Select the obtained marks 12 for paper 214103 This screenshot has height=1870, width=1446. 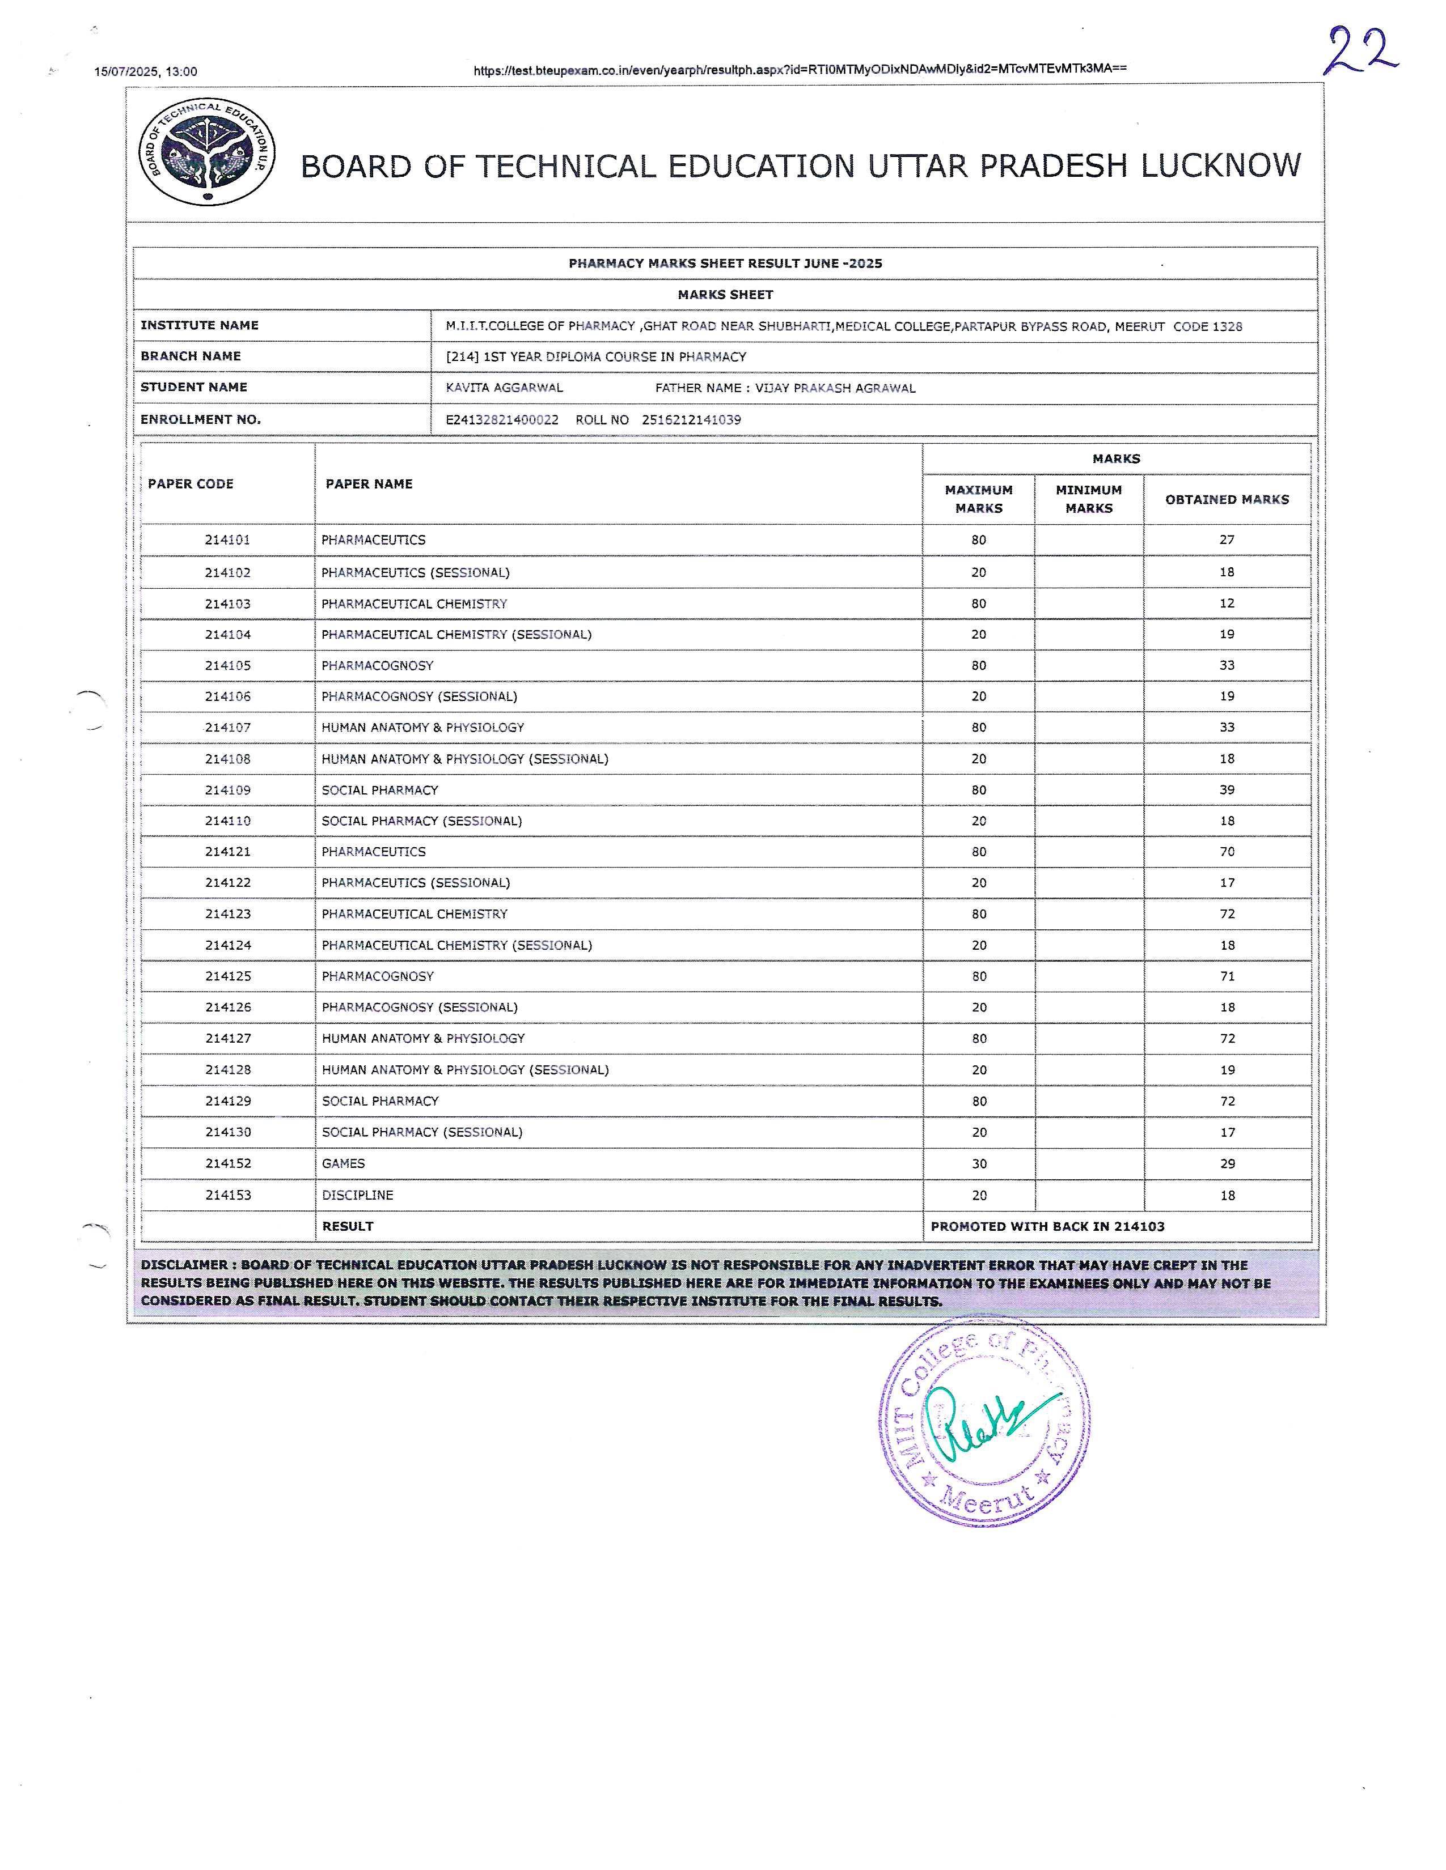(x=1227, y=603)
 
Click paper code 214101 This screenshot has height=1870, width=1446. (x=227, y=539)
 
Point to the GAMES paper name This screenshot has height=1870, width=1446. (x=344, y=1163)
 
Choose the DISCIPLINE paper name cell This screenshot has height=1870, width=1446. (x=357, y=1195)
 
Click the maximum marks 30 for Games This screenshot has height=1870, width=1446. (x=978, y=1163)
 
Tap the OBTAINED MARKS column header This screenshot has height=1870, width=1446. (x=1227, y=499)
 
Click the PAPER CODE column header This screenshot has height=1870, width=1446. (x=190, y=484)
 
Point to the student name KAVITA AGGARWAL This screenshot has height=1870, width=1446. (x=505, y=388)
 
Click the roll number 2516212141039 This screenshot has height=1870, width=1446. (x=691, y=419)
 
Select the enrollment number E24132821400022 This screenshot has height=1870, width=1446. (x=502, y=419)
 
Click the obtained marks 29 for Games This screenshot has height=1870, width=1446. (x=1227, y=1163)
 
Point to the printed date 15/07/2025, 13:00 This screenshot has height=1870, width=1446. (x=146, y=72)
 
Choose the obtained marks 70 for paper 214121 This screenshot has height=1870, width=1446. (x=1227, y=851)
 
